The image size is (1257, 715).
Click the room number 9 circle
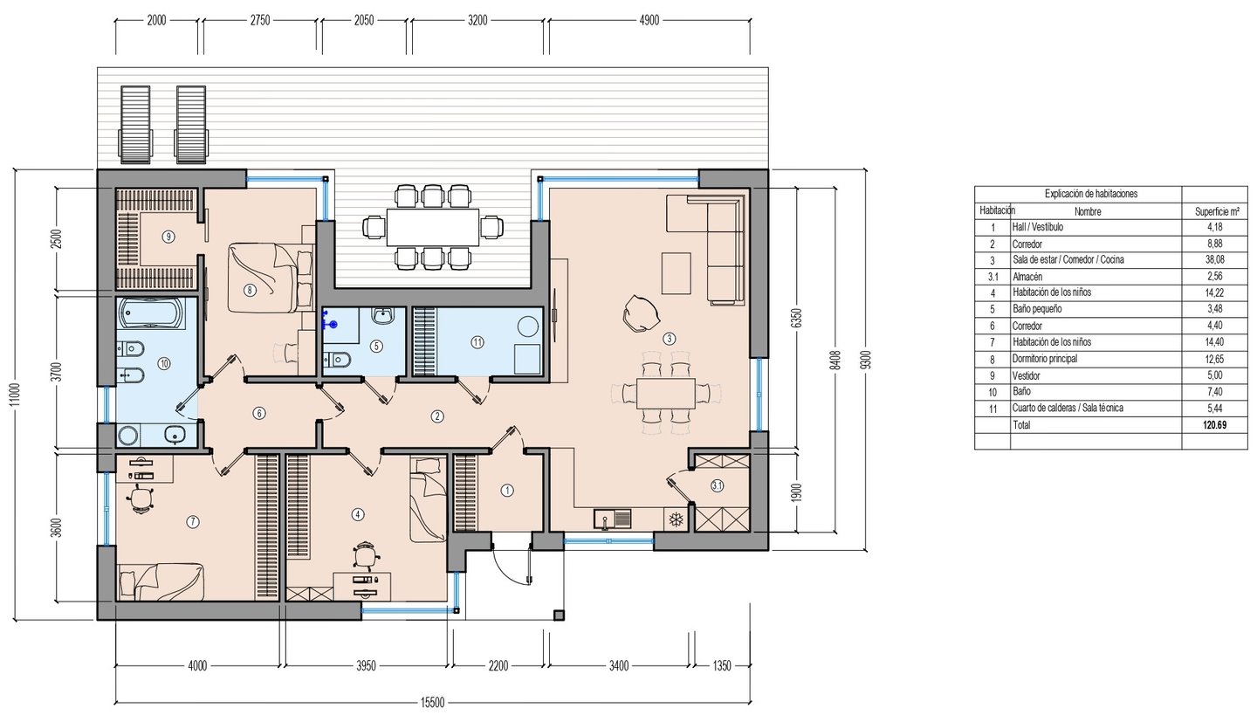[168, 237]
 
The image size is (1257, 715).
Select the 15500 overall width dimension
[432, 703]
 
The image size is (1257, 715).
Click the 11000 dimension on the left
[15, 395]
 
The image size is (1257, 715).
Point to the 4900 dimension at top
[649, 21]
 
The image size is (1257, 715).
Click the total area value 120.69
[1215, 425]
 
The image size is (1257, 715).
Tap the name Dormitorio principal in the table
[1045, 359]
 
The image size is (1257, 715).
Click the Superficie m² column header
[1217, 211]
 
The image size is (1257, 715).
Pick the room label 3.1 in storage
[718, 486]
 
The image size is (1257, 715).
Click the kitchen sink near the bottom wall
[613, 518]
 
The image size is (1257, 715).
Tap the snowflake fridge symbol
[677, 519]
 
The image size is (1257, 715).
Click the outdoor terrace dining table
[433, 227]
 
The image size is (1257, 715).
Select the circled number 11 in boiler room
[477, 342]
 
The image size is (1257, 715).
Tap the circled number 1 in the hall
[507, 491]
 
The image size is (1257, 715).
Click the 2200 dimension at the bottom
[498, 666]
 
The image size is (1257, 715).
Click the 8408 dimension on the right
[836, 360]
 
